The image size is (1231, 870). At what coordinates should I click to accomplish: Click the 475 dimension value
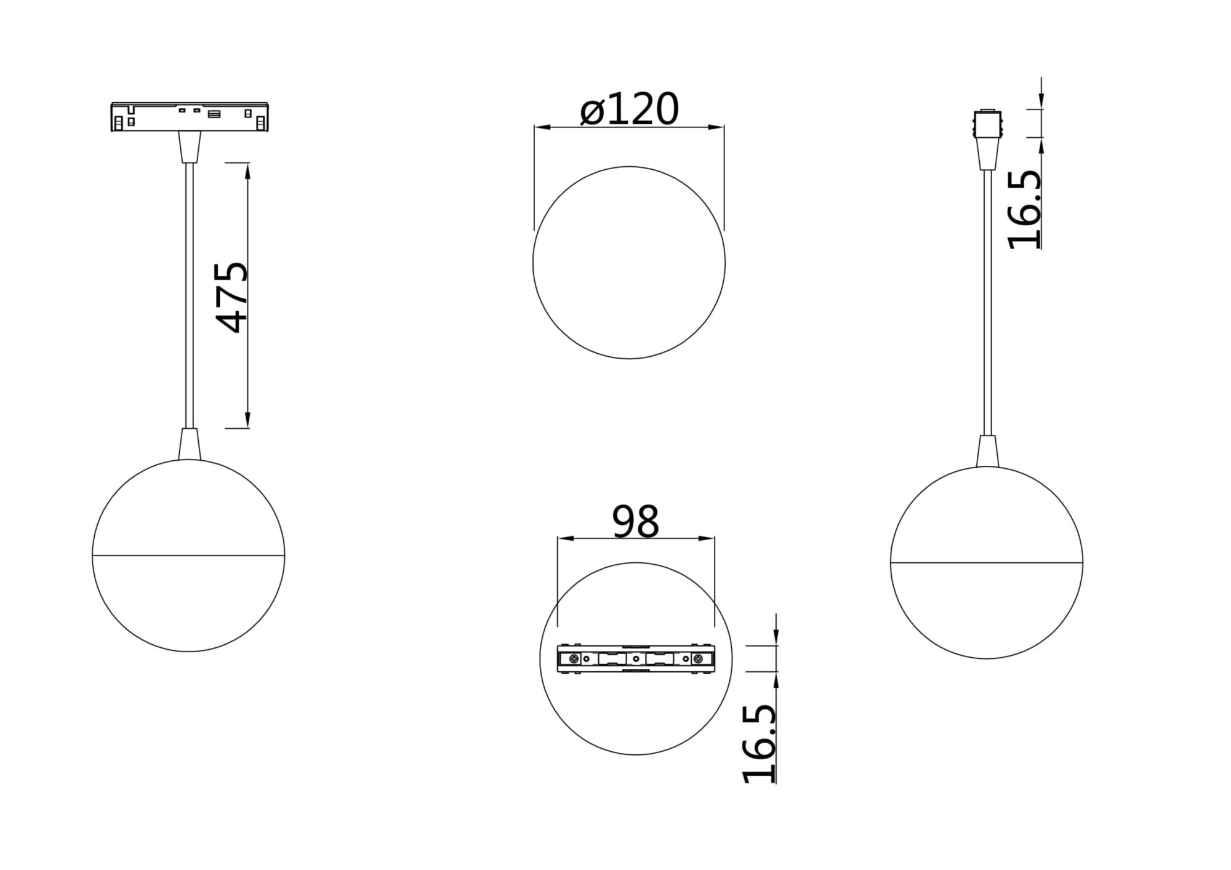(233, 297)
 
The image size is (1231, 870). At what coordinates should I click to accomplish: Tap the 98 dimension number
(635, 522)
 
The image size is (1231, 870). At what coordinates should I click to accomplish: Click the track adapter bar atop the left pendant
(190, 117)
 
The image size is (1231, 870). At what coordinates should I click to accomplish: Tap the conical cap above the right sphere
(987, 452)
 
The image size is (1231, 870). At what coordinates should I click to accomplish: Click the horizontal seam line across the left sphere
(188, 556)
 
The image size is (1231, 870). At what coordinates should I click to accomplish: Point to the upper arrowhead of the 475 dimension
(248, 170)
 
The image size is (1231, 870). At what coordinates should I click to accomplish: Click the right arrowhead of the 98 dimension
(708, 539)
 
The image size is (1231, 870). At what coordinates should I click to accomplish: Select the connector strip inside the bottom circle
(636, 659)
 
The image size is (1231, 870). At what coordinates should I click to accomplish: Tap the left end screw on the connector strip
(574, 659)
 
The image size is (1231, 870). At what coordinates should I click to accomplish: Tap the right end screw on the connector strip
(697, 659)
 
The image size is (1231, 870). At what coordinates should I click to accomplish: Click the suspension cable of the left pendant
(190, 295)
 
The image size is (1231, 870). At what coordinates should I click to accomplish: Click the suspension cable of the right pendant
(987, 301)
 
